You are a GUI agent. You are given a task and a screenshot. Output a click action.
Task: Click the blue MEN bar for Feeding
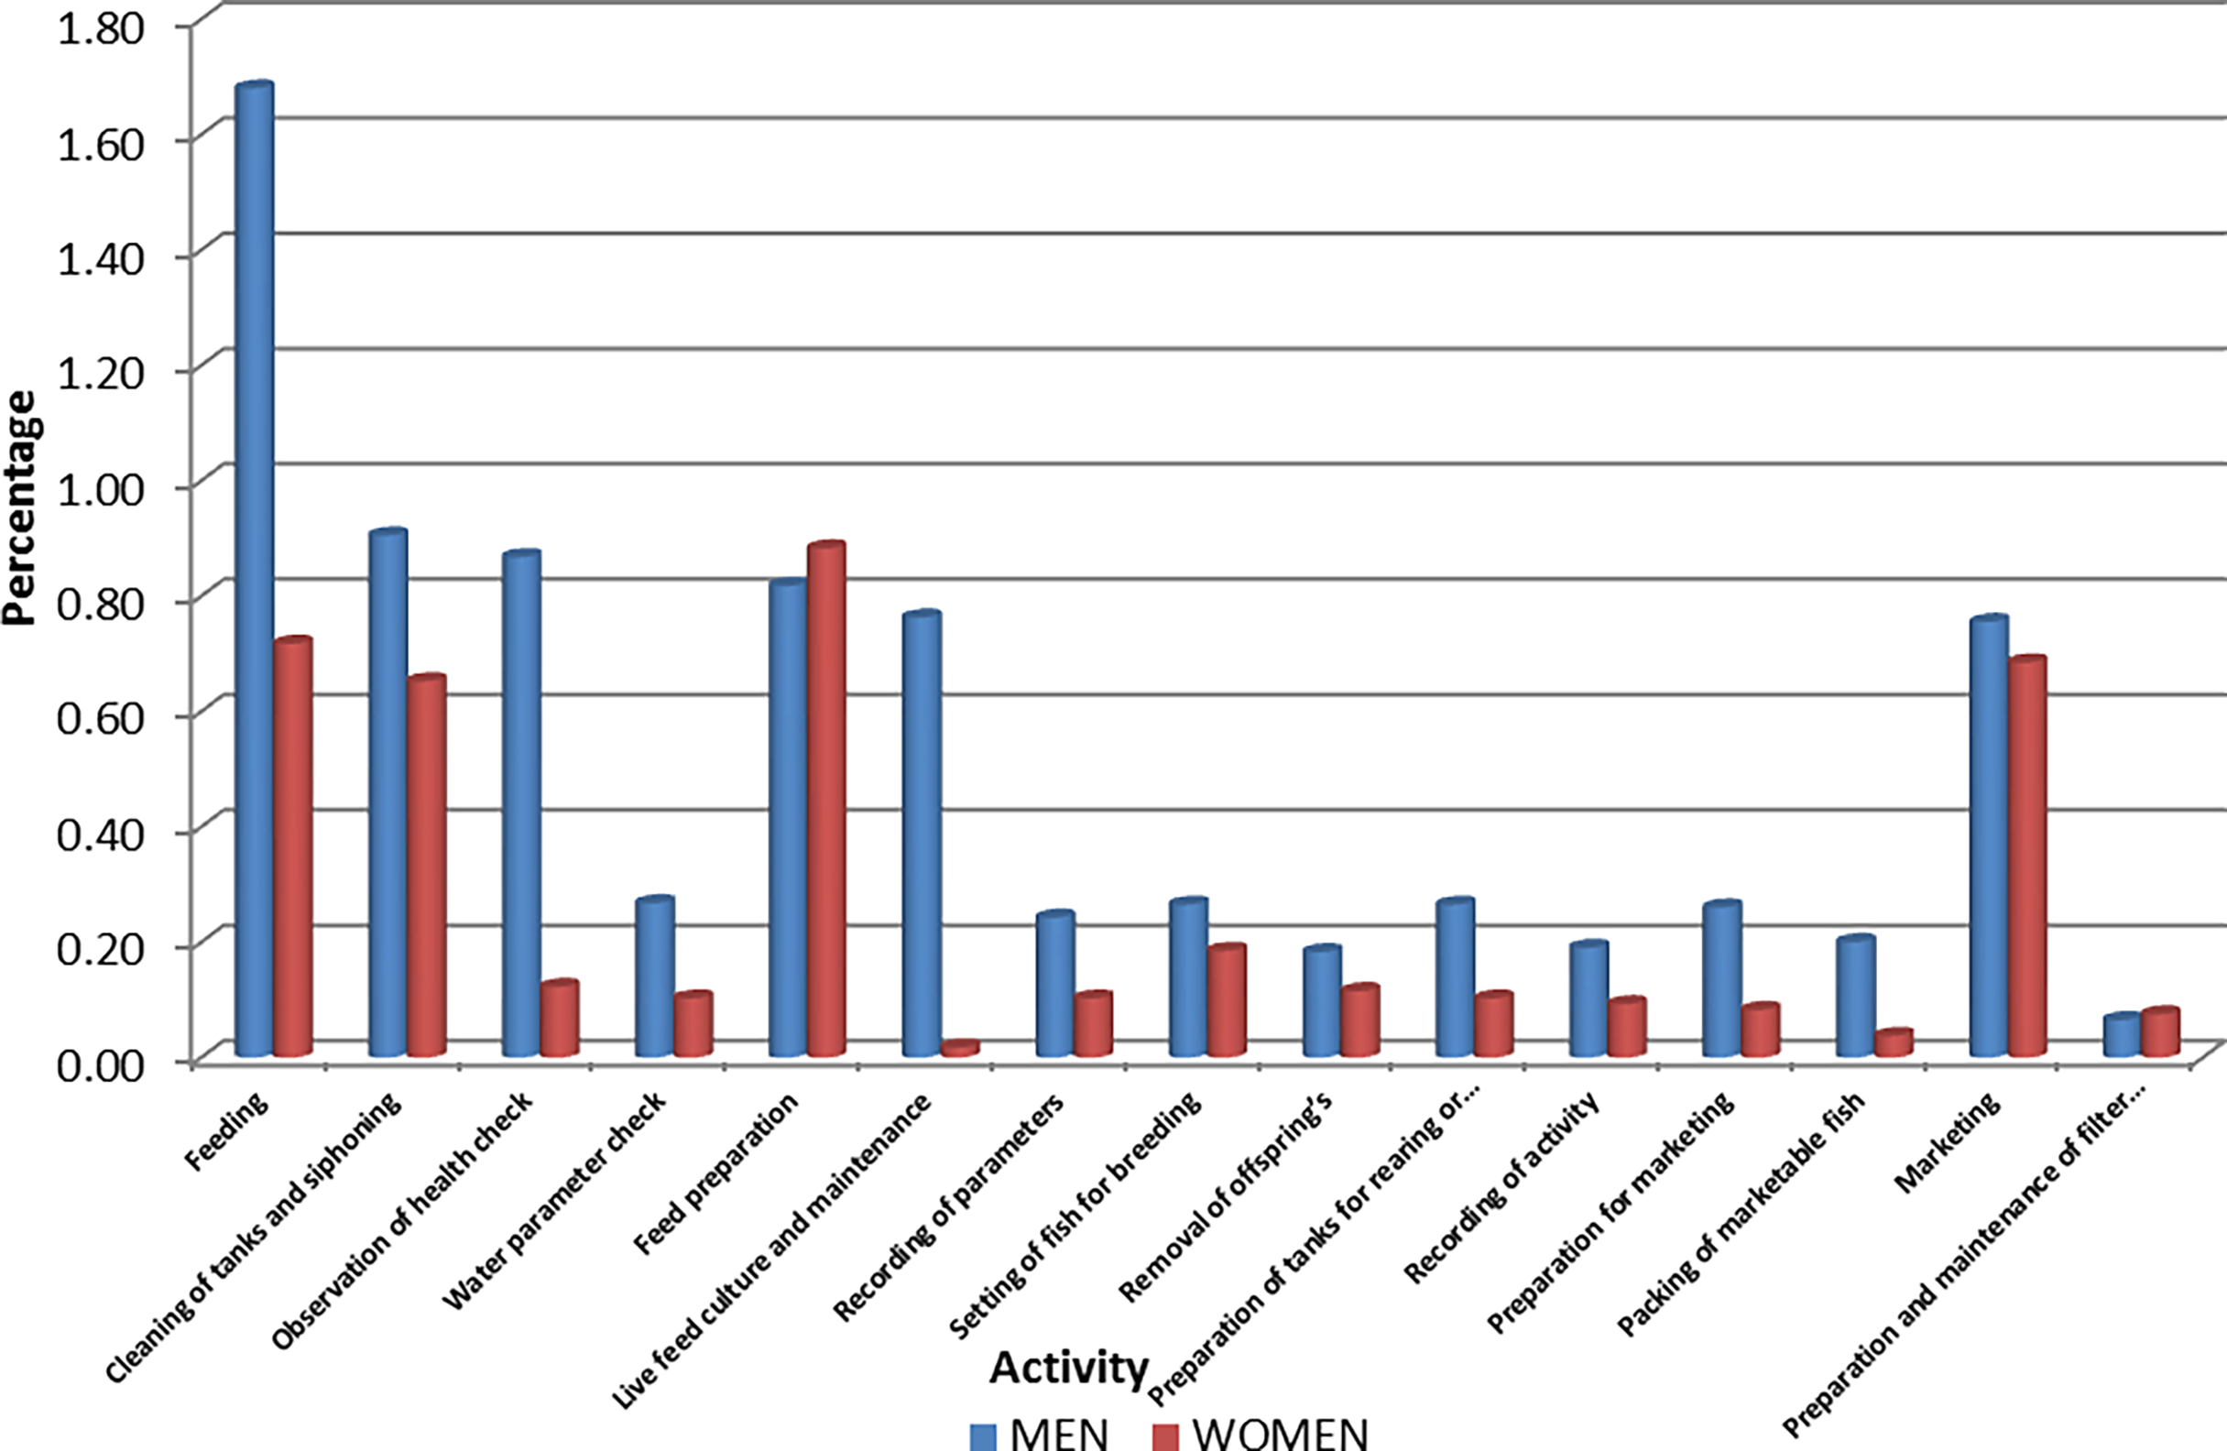[x=254, y=571]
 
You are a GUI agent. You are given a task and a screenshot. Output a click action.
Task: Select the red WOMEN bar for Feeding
[x=293, y=846]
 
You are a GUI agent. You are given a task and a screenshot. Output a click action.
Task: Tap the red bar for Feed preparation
[x=826, y=800]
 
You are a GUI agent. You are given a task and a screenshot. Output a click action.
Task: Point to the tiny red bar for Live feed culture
[x=960, y=1048]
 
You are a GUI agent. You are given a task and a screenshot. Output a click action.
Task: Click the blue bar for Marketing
[x=1989, y=837]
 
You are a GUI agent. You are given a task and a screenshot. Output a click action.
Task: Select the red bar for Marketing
[x=2027, y=856]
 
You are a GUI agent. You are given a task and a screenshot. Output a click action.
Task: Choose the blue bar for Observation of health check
[x=521, y=804]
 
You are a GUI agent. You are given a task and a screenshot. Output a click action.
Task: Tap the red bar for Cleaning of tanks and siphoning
[x=427, y=866]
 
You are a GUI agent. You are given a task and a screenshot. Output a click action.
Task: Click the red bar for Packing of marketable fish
[x=1894, y=1043]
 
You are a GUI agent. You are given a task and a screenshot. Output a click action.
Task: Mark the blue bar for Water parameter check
[x=654, y=976]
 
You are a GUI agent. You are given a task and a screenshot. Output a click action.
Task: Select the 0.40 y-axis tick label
[x=101, y=834]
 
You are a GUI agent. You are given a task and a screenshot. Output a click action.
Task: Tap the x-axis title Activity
[x=1068, y=1368]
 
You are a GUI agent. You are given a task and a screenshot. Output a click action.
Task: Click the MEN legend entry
[x=1039, y=1433]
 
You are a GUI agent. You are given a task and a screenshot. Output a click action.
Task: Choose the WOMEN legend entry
[x=1260, y=1433]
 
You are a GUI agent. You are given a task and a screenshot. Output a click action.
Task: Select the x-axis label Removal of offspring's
[x=1227, y=1198]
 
